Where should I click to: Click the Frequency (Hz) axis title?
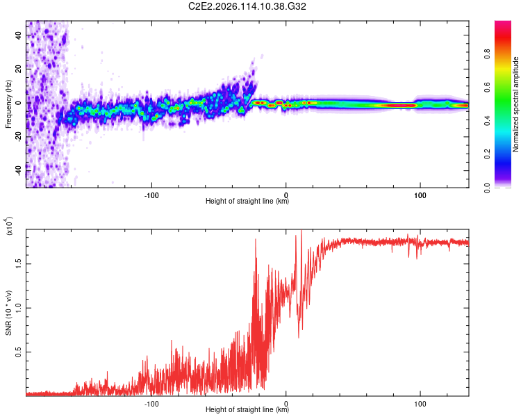pyautogui.click(x=8, y=104)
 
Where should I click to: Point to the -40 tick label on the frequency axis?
pyautogui.click(x=18, y=170)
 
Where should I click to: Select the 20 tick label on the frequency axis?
pyautogui.click(x=18, y=69)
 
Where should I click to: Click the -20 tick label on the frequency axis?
pyautogui.click(x=18, y=136)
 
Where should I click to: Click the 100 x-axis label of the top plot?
pyautogui.click(x=420, y=195)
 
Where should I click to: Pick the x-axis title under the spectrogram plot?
pyautogui.click(x=247, y=202)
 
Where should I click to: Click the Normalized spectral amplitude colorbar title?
pyautogui.click(x=516, y=104)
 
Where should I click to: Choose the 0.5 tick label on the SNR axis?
pyautogui.click(x=18, y=352)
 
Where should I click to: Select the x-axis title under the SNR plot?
pyautogui.click(x=247, y=410)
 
